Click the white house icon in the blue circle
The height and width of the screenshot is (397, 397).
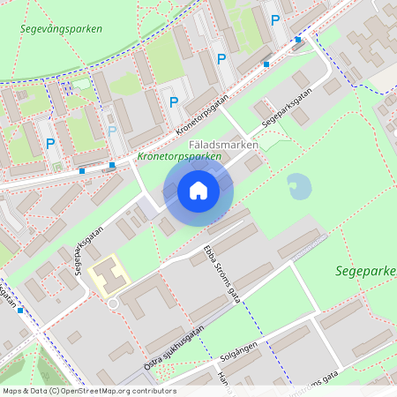coord(198,191)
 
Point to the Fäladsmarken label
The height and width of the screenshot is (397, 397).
coord(224,144)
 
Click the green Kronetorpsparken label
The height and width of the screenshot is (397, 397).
coord(179,157)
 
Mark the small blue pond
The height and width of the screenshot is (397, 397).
coord(299,186)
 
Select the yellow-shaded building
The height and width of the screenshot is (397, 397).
coord(109,275)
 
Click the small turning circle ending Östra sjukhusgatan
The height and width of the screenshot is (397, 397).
coord(113,304)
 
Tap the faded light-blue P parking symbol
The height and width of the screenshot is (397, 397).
coord(112,131)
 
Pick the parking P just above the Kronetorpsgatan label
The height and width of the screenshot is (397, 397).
coord(174,102)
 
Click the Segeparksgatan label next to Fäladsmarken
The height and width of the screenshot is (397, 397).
coord(288,112)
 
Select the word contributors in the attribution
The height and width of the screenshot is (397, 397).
coord(153,391)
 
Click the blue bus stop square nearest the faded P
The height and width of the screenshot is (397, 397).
coord(113,164)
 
